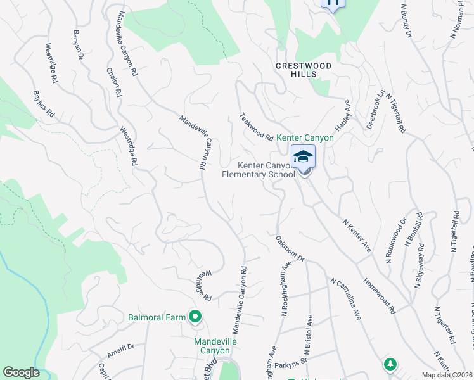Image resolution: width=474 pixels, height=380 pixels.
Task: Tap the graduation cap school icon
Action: click(x=303, y=156)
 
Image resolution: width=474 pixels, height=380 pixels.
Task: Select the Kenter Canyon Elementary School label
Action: click(x=259, y=170)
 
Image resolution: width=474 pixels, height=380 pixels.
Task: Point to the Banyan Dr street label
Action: click(x=79, y=45)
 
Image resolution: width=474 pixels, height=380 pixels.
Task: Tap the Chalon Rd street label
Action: click(x=114, y=82)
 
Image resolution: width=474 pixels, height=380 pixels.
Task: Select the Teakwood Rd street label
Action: click(x=256, y=127)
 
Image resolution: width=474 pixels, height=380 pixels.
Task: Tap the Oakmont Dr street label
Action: click(x=290, y=249)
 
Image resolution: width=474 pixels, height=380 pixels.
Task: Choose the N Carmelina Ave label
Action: click(x=345, y=298)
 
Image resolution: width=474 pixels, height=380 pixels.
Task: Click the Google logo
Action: click(x=20, y=372)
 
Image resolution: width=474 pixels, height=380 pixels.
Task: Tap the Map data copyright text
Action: click(x=447, y=375)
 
